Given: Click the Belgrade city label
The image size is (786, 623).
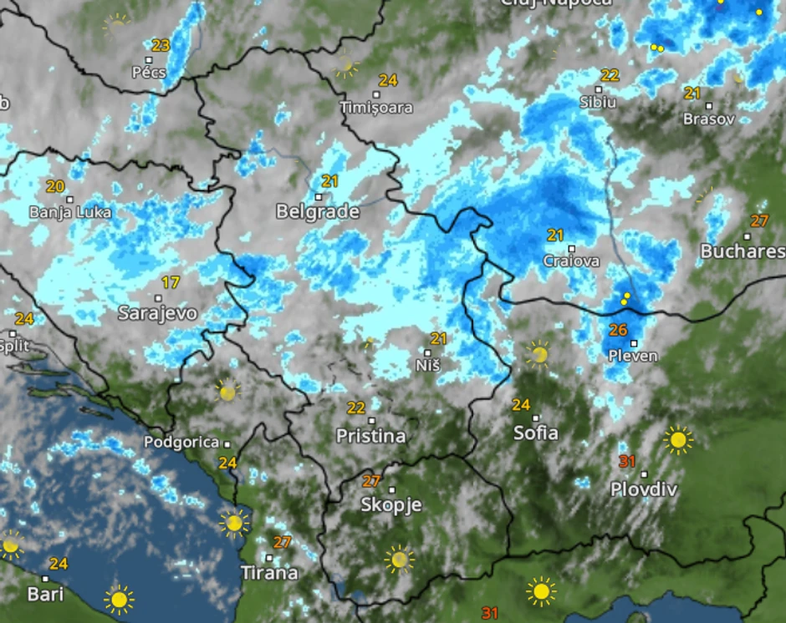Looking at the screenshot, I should coord(318,212).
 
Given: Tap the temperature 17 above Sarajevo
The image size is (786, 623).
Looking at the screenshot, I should coord(171,282).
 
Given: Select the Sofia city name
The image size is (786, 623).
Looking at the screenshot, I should coord(536,433).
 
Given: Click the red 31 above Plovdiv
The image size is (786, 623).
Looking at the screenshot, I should coord(627,461).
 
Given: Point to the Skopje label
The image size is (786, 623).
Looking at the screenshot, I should coord(391,504).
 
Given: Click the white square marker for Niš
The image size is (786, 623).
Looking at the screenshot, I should coord(427,352).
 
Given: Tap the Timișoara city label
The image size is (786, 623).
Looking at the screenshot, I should coord(376,108).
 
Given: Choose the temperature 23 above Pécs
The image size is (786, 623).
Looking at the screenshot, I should coord(161,45).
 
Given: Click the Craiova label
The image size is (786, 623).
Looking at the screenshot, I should coord(571,261).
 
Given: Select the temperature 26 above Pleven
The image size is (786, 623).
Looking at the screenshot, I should coord(618,330).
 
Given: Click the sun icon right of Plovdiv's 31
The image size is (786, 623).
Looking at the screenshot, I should coord(677,439).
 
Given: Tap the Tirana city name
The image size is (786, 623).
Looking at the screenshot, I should coord(269,573).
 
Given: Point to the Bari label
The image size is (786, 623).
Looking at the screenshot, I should coord(45,595).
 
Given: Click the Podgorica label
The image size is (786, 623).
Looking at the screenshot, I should coord(181,442).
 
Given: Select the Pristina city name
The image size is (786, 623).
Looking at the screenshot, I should coord(370,435).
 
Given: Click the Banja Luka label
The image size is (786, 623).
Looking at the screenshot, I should coord(70,212).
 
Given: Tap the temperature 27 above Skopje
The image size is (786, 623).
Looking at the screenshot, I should coord(371,481).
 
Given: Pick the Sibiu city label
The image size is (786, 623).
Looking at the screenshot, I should coord(598,102).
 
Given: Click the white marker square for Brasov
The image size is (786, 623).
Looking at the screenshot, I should coord(708,106).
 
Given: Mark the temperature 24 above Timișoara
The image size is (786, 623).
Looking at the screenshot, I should coord(387,80).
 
